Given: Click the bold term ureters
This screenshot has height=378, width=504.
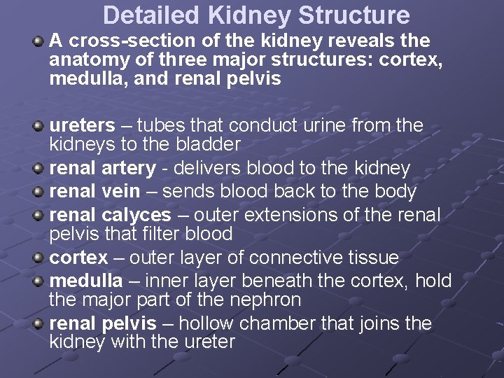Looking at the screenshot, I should point(82,126).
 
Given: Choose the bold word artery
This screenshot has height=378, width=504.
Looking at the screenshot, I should point(129,169).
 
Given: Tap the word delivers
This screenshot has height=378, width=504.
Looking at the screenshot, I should point(206,169).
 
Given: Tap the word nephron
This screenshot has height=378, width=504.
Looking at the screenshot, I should point(269,300).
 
